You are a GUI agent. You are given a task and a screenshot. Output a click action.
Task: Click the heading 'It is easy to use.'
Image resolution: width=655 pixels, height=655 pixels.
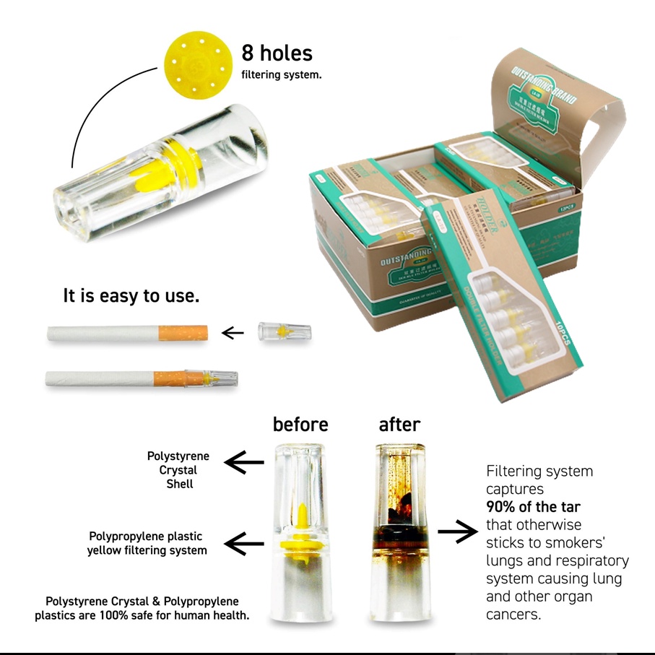coord(131,296)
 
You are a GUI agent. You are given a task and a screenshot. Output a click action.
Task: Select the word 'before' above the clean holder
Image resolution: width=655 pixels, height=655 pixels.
coord(300,424)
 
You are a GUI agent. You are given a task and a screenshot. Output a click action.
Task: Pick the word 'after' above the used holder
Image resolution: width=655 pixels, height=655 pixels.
coord(399,424)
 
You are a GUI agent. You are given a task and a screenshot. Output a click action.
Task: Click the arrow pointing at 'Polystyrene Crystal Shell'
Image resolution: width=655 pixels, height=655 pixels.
coord(246,462)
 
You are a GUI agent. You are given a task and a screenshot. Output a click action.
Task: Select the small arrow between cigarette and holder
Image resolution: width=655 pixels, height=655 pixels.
coord(233,333)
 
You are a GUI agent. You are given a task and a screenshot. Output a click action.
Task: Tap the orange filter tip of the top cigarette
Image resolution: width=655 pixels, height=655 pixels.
coord(183,334)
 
